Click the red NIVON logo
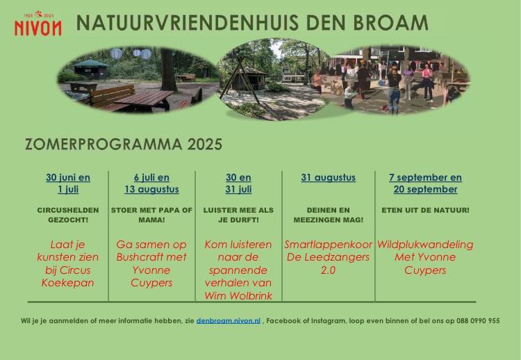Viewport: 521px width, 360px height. tap(38, 24)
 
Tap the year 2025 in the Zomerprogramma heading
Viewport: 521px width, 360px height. tap(204, 145)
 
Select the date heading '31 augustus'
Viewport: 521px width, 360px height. tap(329, 177)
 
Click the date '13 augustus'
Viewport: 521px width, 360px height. tap(152, 190)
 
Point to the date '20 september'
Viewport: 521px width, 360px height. tap(425, 189)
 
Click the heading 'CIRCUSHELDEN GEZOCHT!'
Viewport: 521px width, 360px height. tap(68, 215)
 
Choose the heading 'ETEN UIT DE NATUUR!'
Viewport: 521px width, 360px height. tap(425, 210)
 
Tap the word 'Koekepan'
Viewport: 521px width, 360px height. tap(68, 283)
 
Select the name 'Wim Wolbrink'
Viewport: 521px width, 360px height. tap(238, 295)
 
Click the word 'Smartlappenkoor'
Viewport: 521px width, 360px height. tap(329, 245)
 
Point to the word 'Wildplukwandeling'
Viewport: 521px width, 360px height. tap(425, 245)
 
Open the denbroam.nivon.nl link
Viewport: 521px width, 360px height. tap(229, 321)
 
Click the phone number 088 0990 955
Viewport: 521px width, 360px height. tap(478, 321)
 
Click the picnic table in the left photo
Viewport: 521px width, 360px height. tap(144, 99)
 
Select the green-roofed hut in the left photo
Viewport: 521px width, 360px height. tap(90, 69)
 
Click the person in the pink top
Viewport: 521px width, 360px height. tap(427, 83)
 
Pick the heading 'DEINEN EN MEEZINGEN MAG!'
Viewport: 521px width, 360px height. tap(329, 215)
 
